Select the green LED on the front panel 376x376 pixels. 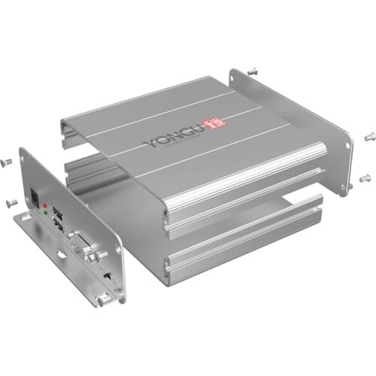[x=47, y=214]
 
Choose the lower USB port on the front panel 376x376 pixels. [x=60, y=223]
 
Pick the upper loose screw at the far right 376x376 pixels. [x=368, y=136]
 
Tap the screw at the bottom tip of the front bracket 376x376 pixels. [x=100, y=300]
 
